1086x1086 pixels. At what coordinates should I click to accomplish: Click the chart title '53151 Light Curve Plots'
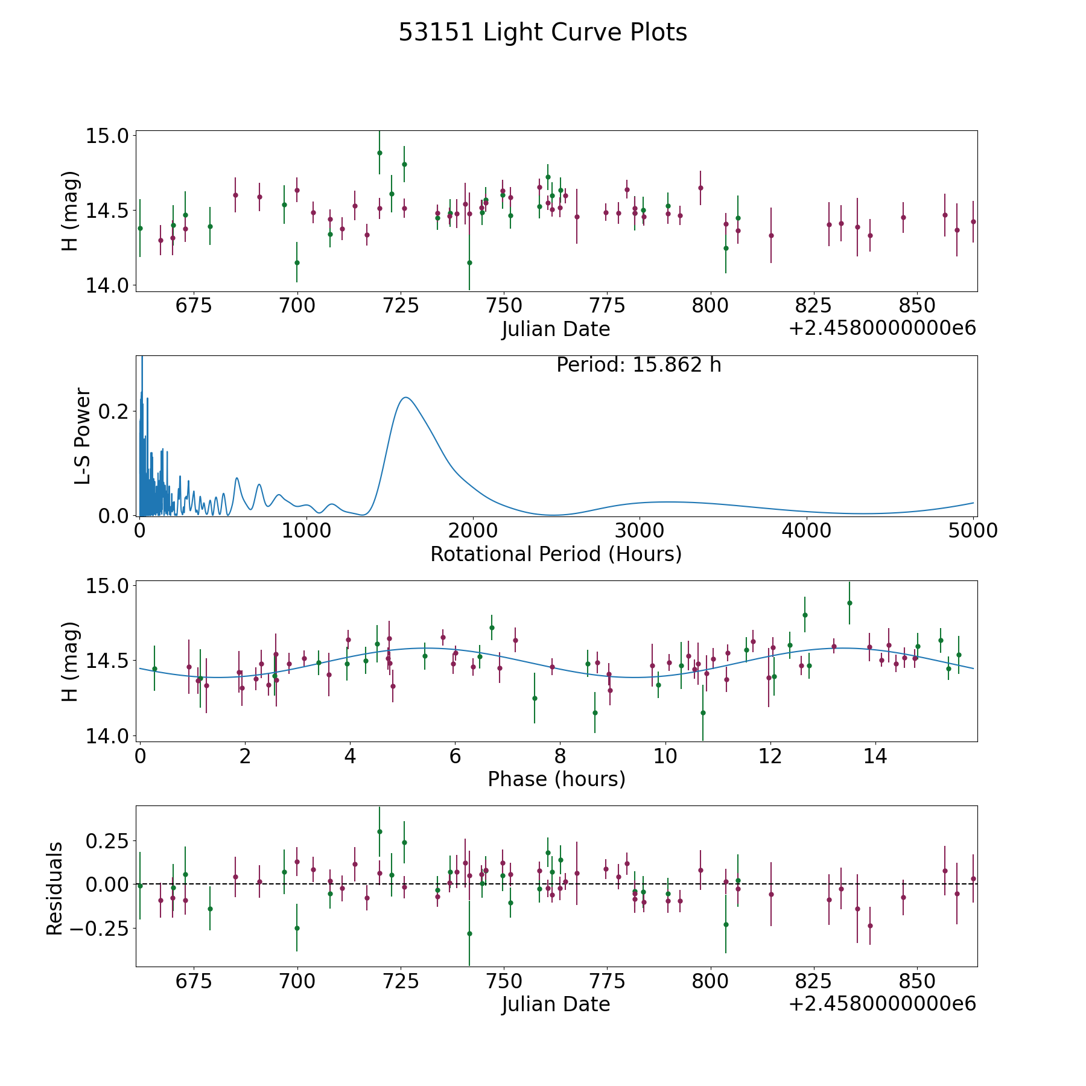(x=542, y=33)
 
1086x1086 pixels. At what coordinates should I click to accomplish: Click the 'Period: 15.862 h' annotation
(x=638, y=365)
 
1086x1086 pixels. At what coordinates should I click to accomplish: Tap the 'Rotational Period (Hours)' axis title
(x=556, y=554)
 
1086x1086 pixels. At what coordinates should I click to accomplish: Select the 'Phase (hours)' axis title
(x=556, y=779)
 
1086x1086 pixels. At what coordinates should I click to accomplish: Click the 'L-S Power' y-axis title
(x=83, y=436)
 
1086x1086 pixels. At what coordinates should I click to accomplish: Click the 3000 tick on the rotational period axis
(x=639, y=530)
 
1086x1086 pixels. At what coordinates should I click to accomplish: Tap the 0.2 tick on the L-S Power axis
(x=115, y=411)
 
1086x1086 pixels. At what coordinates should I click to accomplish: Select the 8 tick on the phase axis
(x=560, y=756)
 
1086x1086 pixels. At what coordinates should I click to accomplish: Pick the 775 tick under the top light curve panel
(x=608, y=305)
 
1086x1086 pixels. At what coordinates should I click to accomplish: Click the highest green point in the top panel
(x=379, y=153)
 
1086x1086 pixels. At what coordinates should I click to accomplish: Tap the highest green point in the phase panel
(x=849, y=603)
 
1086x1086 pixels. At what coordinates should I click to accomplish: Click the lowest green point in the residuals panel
(x=469, y=933)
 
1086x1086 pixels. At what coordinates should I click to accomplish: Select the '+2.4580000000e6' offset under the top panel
(x=882, y=329)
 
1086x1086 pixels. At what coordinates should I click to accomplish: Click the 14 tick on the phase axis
(x=875, y=756)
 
